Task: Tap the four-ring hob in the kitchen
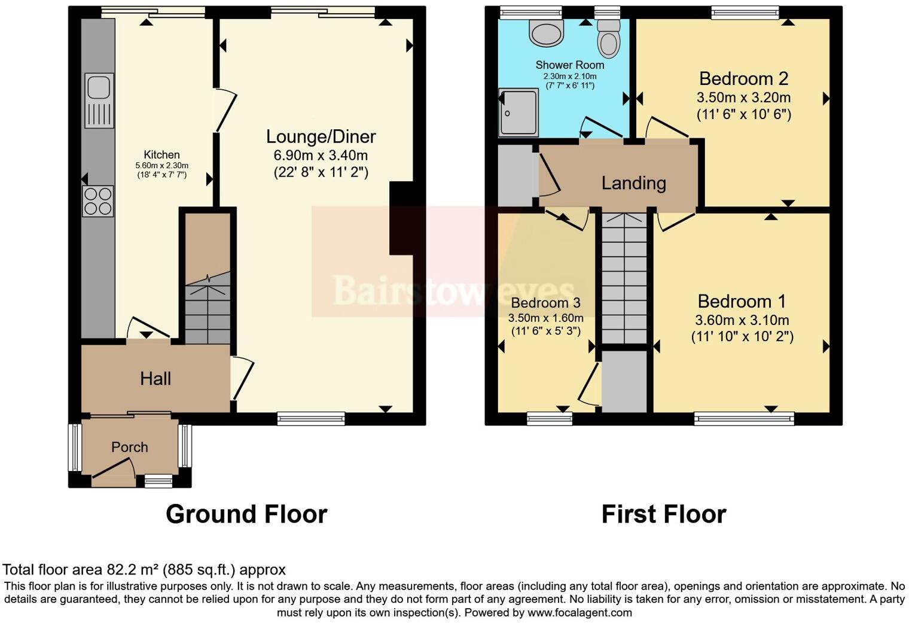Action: (98, 201)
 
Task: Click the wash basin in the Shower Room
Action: (546, 33)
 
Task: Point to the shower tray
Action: (518, 113)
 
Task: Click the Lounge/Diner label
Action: (321, 136)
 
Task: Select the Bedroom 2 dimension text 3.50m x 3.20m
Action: (743, 98)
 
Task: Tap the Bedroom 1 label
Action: (742, 301)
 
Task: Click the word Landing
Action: (633, 183)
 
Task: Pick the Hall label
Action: (155, 378)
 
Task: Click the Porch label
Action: (130, 447)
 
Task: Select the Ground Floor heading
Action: (246, 514)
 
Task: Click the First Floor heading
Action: (663, 514)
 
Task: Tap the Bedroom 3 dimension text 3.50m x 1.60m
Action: (545, 317)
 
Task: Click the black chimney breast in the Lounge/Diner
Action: (401, 219)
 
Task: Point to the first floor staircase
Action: (624, 278)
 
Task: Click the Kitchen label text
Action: (161, 155)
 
